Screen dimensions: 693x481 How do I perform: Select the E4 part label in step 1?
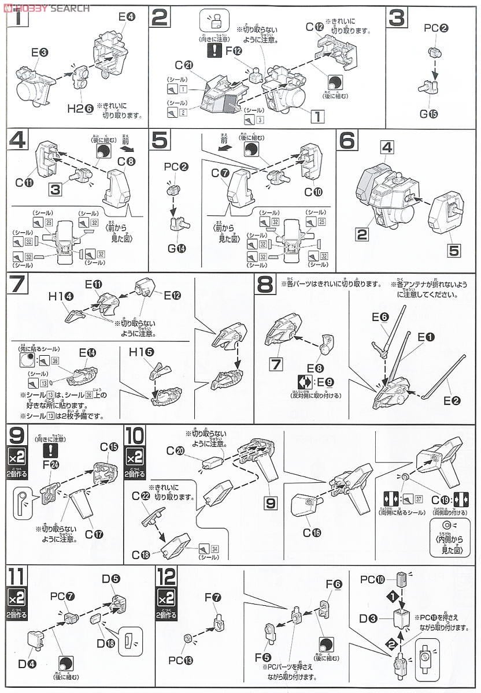point(126,17)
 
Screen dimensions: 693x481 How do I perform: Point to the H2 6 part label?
point(79,107)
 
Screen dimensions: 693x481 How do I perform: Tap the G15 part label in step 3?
point(428,113)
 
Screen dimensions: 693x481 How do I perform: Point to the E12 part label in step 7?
point(172,296)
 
